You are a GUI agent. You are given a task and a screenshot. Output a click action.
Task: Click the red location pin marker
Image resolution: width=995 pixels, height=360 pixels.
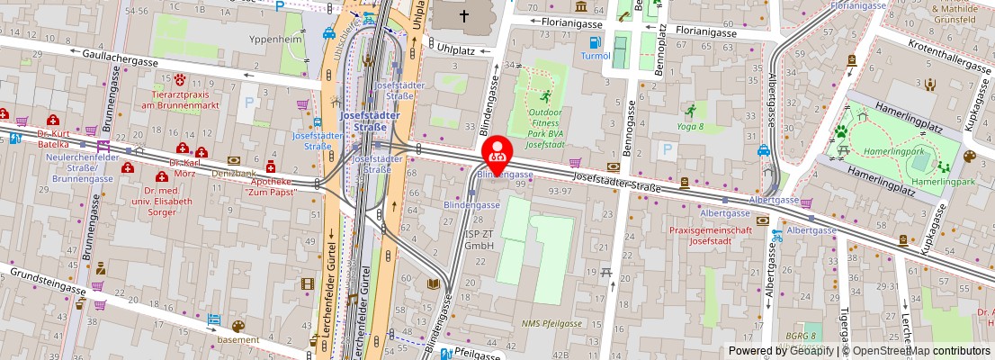[x=498, y=153]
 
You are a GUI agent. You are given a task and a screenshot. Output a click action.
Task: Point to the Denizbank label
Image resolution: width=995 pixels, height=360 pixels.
[x=233, y=171]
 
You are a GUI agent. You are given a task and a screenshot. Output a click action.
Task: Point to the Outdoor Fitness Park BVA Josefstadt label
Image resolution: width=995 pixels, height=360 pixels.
[x=544, y=125]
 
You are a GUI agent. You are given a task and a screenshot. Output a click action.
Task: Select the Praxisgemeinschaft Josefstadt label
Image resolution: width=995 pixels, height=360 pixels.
[x=710, y=236]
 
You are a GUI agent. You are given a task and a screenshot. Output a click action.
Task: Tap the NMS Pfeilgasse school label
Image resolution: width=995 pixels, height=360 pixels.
[x=551, y=322]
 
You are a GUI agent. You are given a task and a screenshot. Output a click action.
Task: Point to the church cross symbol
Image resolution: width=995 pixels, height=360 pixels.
[x=464, y=15]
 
